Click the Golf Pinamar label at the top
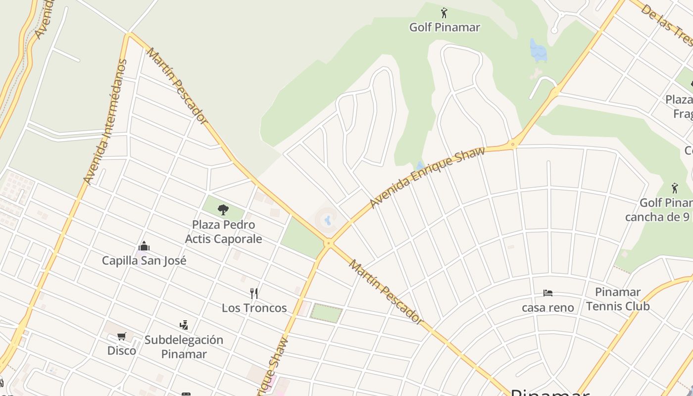[444, 27]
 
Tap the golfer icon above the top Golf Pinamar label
[444, 13]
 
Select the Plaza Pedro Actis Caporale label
[223, 232]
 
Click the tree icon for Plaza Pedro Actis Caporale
[223, 210]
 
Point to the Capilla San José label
[144, 260]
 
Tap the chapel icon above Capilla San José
[144, 246]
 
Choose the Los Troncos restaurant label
[254, 308]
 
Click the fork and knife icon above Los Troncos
[254, 294]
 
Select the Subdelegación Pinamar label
[184, 346]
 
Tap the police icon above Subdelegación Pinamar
[184, 325]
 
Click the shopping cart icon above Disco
[122, 337]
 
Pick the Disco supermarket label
[122, 350]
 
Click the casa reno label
[547, 307]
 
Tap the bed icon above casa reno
[547, 293]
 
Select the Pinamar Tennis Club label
[618, 299]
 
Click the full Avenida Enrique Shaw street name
[427, 176]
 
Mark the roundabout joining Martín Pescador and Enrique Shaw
[328, 243]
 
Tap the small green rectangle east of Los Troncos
[326, 313]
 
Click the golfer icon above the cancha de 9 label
[675, 188]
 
